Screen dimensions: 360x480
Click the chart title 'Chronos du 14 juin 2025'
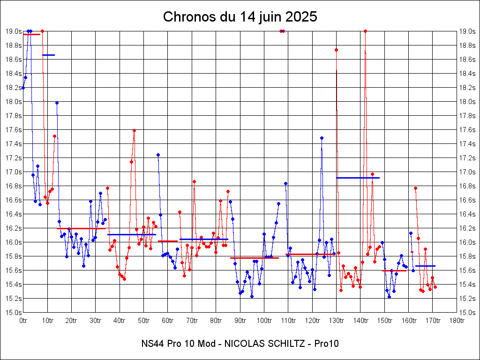pos(240,17)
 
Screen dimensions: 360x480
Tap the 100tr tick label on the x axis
pos(264,320)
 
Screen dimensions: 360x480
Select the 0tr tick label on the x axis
pos(23,320)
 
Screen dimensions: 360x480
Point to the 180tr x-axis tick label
pos(457,320)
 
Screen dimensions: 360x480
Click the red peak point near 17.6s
pos(134,130)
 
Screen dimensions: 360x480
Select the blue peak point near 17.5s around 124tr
pos(322,138)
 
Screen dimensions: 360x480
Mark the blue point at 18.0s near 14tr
pos(57,103)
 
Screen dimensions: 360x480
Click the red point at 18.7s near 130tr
pos(336,50)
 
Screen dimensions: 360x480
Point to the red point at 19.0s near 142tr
pos(365,31)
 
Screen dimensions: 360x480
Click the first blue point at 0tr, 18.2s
pos(23,88)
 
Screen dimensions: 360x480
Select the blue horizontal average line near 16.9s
pos(358,178)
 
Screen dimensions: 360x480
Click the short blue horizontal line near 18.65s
pos(48,55)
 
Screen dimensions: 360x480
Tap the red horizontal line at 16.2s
pos(81,228)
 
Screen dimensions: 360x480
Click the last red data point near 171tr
pos(435,287)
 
